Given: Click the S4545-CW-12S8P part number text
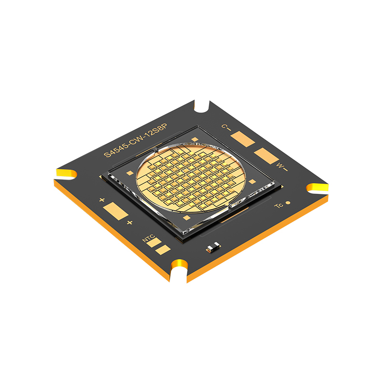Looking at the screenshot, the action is point(136,140).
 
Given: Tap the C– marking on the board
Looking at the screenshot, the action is point(226,127).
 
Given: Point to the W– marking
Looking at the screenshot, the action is point(282,167).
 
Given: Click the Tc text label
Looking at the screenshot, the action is point(279,205).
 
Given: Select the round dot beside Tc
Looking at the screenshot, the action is point(288,202).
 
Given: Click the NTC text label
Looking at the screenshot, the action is point(149,238).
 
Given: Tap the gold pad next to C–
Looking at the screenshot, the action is point(243,139).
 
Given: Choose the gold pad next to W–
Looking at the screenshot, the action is point(266,156).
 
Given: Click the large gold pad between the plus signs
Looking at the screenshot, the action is point(116,211).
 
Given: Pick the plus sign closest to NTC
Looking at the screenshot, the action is point(129,223).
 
